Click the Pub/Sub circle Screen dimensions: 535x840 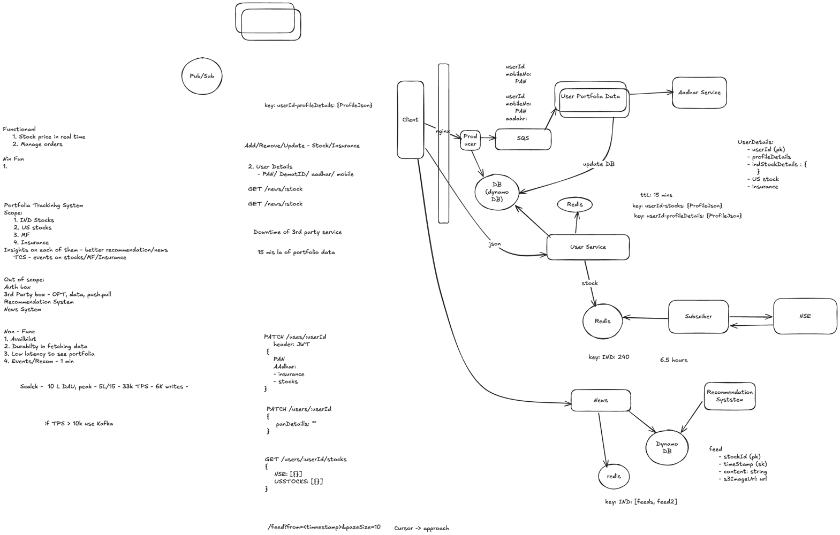(202, 76)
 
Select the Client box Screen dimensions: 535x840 (411, 120)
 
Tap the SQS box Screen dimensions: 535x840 (523, 139)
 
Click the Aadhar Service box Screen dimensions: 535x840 (699, 93)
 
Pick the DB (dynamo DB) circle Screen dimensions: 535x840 (497, 192)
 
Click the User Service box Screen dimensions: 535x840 (588, 247)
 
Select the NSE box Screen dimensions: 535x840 (805, 316)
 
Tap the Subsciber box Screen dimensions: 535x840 (698, 317)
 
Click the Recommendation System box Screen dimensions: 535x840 (729, 396)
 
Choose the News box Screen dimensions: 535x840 (601, 400)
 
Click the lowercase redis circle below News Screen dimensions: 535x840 (614, 476)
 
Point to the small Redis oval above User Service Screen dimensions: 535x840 (575, 204)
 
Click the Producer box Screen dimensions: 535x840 (470, 140)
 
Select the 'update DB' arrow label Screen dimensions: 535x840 (599, 164)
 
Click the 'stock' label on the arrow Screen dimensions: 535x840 (589, 283)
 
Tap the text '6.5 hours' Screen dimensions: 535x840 (673, 360)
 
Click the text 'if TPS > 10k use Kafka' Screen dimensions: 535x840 (79, 424)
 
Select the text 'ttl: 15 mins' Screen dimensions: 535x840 (656, 195)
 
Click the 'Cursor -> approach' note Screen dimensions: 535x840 (421, 528)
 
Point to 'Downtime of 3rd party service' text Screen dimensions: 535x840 (297, 232)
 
